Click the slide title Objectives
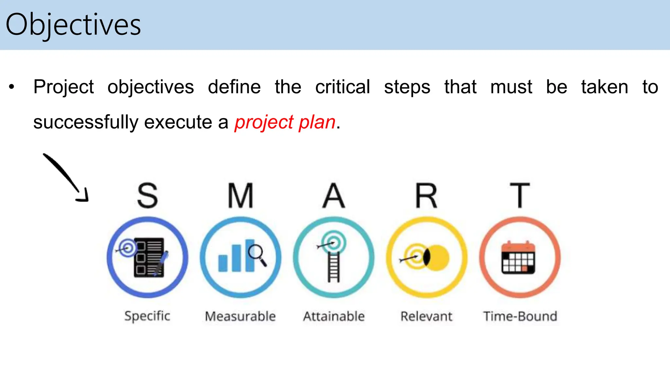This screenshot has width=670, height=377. click(x=73, y=25)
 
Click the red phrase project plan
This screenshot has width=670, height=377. click(x=285, y=122)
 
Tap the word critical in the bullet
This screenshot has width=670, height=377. click(x=342, y=87)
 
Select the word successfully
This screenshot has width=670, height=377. click(x=86, y=122)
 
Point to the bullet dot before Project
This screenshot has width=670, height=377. click(x=12, y=87)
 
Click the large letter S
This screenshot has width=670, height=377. click(x=147, y=196)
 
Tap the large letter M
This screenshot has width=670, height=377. click(x=240, y=196)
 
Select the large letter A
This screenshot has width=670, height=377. click(x=333, y=196)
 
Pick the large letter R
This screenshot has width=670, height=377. click(x=426, y=196)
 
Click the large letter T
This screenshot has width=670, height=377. click(x=520, y=196)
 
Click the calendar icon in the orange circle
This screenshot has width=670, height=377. click(x=518, y=258)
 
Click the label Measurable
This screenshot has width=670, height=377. click(x=240, y=316)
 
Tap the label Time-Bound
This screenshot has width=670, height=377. click(x=520, y=316)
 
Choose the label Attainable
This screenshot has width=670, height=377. click(x=333, y=316)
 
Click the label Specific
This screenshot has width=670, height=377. click(x=147, y=316)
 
